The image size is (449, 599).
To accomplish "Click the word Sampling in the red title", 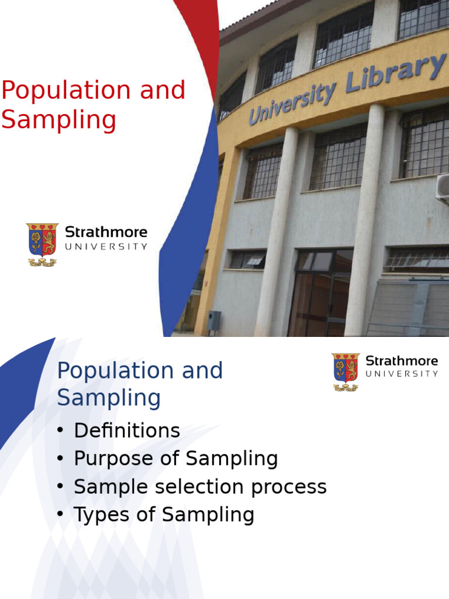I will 58,121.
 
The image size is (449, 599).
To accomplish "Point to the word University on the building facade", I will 292,103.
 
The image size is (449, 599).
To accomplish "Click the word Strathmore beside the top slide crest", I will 106,232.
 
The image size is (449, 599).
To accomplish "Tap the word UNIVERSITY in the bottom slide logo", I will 402,374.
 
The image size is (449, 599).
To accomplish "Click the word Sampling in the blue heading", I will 109,398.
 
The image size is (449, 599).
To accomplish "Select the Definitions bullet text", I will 127,431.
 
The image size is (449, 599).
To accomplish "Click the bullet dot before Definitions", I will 60,432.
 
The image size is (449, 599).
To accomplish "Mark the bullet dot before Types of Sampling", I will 60,515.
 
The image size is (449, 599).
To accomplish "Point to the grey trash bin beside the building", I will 214,321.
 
